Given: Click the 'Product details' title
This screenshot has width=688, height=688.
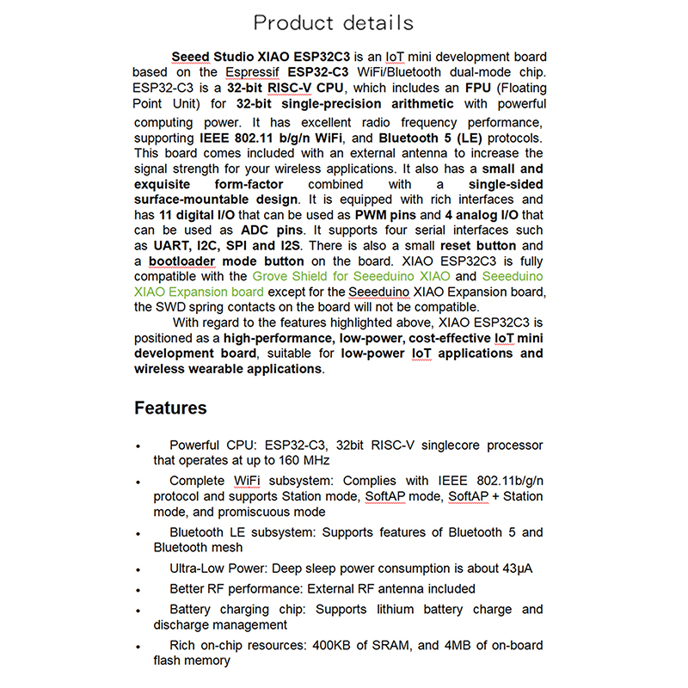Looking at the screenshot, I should click(334, 23).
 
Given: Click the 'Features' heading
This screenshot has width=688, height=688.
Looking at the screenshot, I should click(170, 408).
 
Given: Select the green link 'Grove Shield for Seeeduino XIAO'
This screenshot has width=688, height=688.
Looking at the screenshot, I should click(351, 276).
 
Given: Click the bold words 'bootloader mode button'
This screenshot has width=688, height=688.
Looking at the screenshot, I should click(226, 261).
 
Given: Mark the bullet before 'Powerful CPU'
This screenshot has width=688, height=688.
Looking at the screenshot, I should click(138, 446).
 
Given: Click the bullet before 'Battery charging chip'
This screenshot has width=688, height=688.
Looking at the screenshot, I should click(138, 611).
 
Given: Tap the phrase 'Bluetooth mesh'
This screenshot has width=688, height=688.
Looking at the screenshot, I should click(198, 547).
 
